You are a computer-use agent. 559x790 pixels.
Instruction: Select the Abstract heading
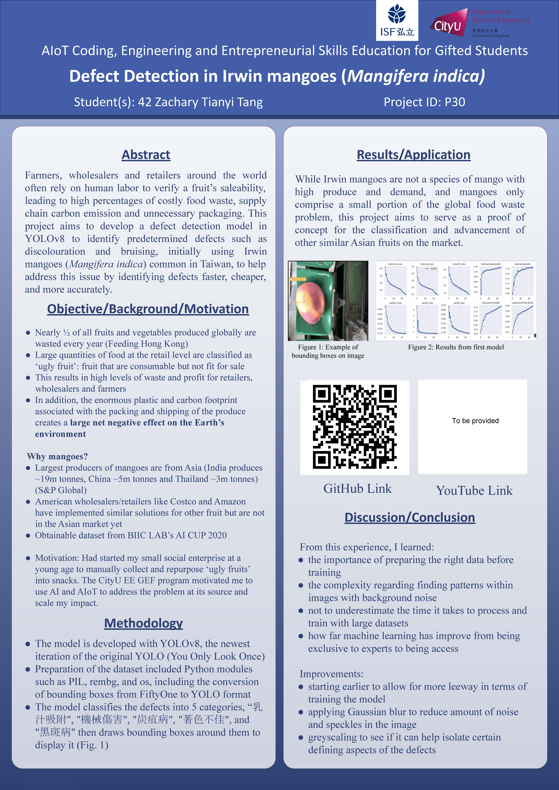pyautogui.click(x=146, y=155)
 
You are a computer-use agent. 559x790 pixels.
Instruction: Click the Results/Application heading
pyautogui.click(x=413, y=155)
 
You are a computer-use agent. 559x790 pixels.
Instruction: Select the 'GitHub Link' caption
pyautogui.click(x=357, y=489)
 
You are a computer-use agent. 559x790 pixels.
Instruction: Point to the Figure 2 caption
pyautogui.click(x=456, y=347)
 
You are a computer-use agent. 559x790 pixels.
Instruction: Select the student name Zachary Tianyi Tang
pyautogui.click(x=209, y=102)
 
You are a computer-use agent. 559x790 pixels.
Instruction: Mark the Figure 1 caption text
pyautogui.click(x=328, y=351)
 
